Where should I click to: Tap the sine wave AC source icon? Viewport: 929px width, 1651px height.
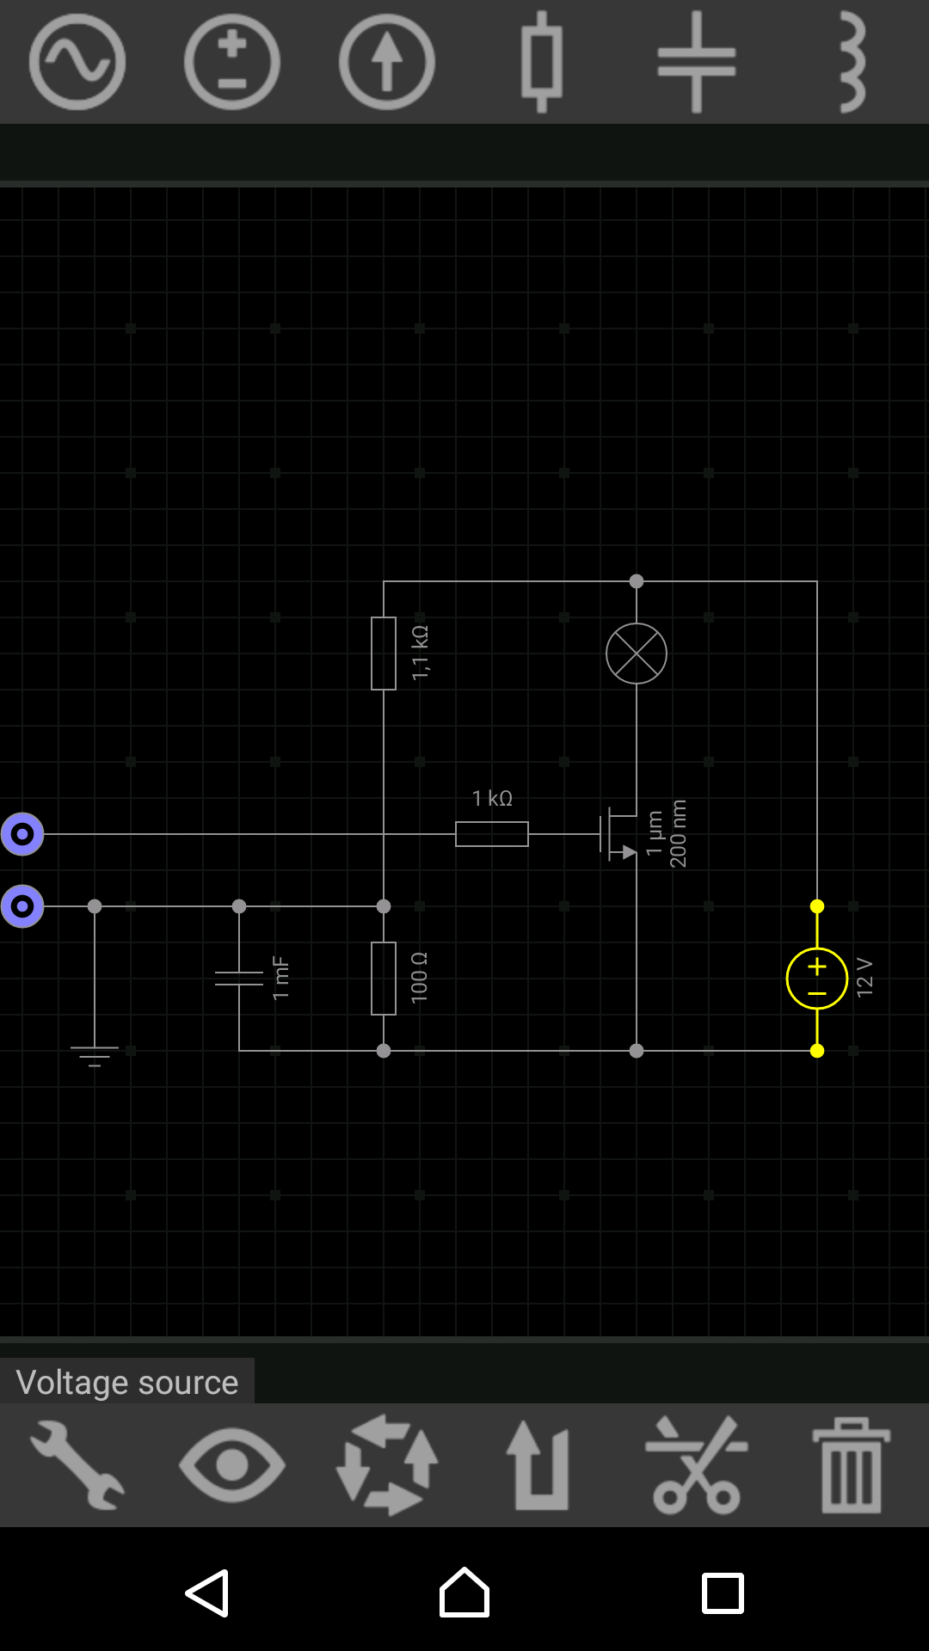tap(77, 62)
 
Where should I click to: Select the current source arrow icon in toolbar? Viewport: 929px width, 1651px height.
tap(387, 62)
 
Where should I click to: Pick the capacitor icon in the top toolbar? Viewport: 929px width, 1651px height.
tap(697, 62)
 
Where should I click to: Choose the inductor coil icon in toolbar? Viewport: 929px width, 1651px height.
tap(852, 62)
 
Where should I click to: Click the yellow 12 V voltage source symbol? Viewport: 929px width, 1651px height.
tap(817, 979)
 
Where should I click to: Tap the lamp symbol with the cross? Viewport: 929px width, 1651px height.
tap(637, 654)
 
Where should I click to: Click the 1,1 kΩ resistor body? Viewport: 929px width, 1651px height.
tap(384, 654)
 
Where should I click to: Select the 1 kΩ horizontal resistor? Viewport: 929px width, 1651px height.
tap(492, 834)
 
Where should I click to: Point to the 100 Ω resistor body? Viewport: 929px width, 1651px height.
tap(384, 979)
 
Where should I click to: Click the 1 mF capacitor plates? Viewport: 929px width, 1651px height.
tap(239, 979)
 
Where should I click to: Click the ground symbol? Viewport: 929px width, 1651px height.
tap(95, 1056)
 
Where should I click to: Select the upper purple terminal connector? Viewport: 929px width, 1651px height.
tap(22, 834)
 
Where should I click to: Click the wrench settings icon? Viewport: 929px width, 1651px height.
tap(77, 1465)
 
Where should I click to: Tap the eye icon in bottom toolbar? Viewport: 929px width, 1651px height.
tap(232, 1465)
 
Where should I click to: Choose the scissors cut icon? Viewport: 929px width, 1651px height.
tap(697, 1465)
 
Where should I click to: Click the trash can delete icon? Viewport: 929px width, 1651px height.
tap(852, 1465)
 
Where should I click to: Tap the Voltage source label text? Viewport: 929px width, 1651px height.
tap(127, 1383)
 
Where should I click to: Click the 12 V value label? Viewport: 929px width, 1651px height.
tap(864, 979)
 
